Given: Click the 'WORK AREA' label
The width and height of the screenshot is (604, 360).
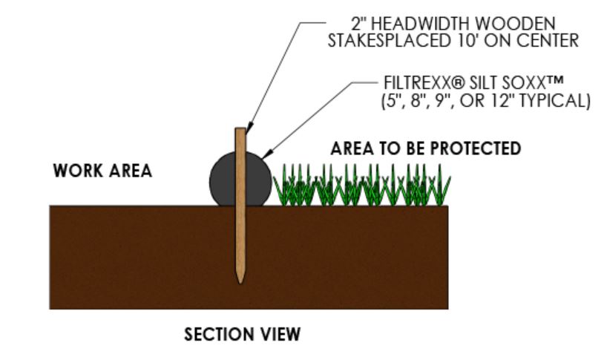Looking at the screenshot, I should [102, 171].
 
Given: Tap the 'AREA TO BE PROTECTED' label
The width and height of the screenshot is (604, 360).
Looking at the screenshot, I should [425, 148].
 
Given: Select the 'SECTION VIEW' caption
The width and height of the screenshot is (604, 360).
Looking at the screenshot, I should [243, 335].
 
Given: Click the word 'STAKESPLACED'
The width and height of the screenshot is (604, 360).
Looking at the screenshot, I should [384, 41].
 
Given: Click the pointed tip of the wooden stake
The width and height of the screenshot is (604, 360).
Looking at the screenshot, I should [240, 281].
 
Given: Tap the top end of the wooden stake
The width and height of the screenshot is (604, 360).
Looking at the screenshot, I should [240, 131].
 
